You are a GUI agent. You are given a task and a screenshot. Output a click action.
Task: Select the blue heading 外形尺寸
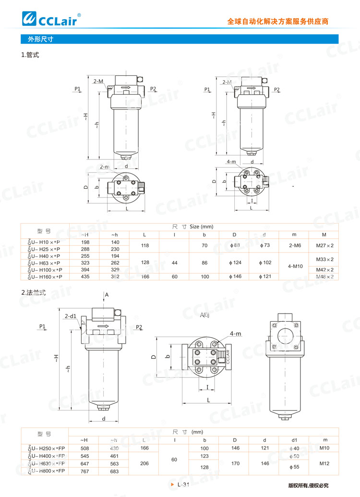[x=36, y=39]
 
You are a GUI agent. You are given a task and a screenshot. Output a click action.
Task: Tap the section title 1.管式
[x=30, y=55]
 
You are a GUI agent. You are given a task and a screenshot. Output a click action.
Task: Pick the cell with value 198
[x=84, y=242]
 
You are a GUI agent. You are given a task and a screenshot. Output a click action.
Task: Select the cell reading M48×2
[x=324, y=277]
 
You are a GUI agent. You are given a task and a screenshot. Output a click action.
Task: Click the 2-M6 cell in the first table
[x=294, y=245]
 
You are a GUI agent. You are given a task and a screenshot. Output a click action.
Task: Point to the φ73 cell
[x=264, y=245]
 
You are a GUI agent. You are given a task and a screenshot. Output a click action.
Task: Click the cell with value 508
[x=84, y=448]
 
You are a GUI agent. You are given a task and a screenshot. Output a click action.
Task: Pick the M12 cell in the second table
[x=324, y=463]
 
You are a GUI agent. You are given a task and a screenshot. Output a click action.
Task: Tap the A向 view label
[x=205, y=315]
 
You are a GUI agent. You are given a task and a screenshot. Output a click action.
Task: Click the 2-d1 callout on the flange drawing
[x=70, y=316]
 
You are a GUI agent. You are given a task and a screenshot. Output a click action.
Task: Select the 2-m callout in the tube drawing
[x=105, y=166]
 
